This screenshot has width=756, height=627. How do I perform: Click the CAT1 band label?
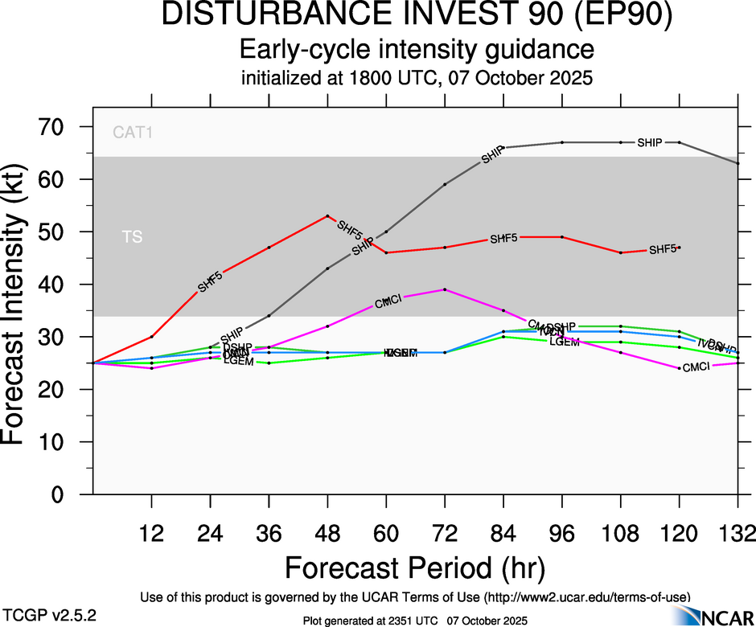pos(133,133)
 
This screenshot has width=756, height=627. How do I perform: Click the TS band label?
pos(132,237)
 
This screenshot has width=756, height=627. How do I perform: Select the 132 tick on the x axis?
pos(738,533)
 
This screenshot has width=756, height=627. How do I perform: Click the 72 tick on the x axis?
pos(445,533)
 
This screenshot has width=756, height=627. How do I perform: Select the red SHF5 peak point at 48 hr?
pos(327,215)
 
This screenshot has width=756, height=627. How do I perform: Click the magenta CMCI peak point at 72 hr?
pos(445,289)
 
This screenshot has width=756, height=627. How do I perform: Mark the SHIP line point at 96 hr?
pos(562,142)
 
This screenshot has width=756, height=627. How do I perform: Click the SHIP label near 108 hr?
pos(649,143)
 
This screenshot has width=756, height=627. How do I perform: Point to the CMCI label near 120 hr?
pos(696,367)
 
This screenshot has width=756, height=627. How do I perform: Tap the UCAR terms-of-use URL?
pos(587,596)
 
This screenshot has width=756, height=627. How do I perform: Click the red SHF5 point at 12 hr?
pos(151,336)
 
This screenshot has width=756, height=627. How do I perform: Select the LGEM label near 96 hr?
pos(564,342)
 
